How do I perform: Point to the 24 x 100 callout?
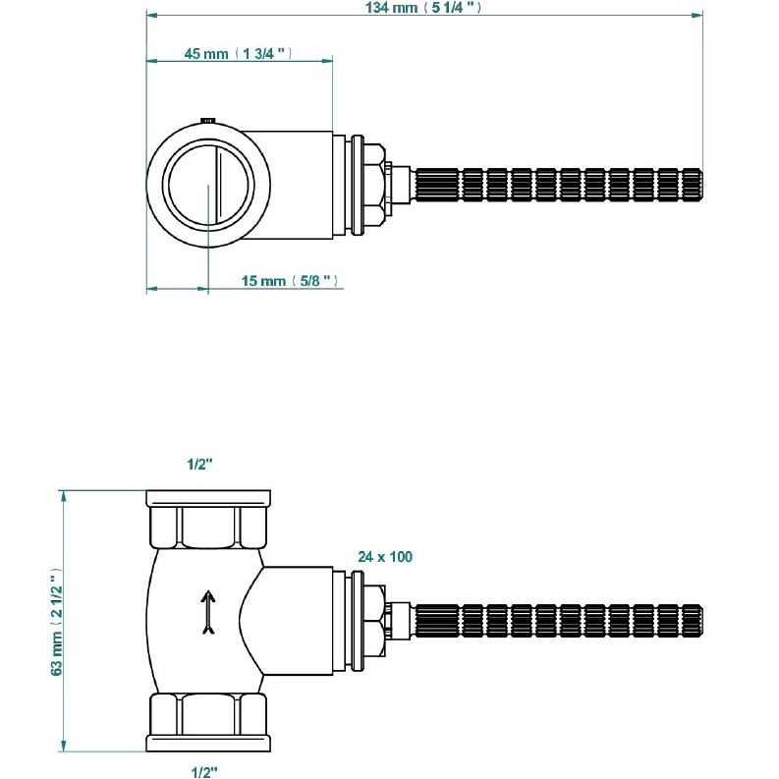point(385,556)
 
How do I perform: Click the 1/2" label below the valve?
point(205,771)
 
